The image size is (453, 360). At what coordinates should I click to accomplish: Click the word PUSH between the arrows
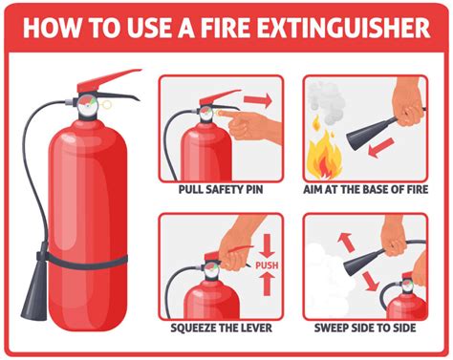coord(267,265)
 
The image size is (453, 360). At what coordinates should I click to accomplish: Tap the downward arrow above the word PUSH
coord(267,244)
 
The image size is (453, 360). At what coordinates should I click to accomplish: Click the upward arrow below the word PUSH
coord(267,283)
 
